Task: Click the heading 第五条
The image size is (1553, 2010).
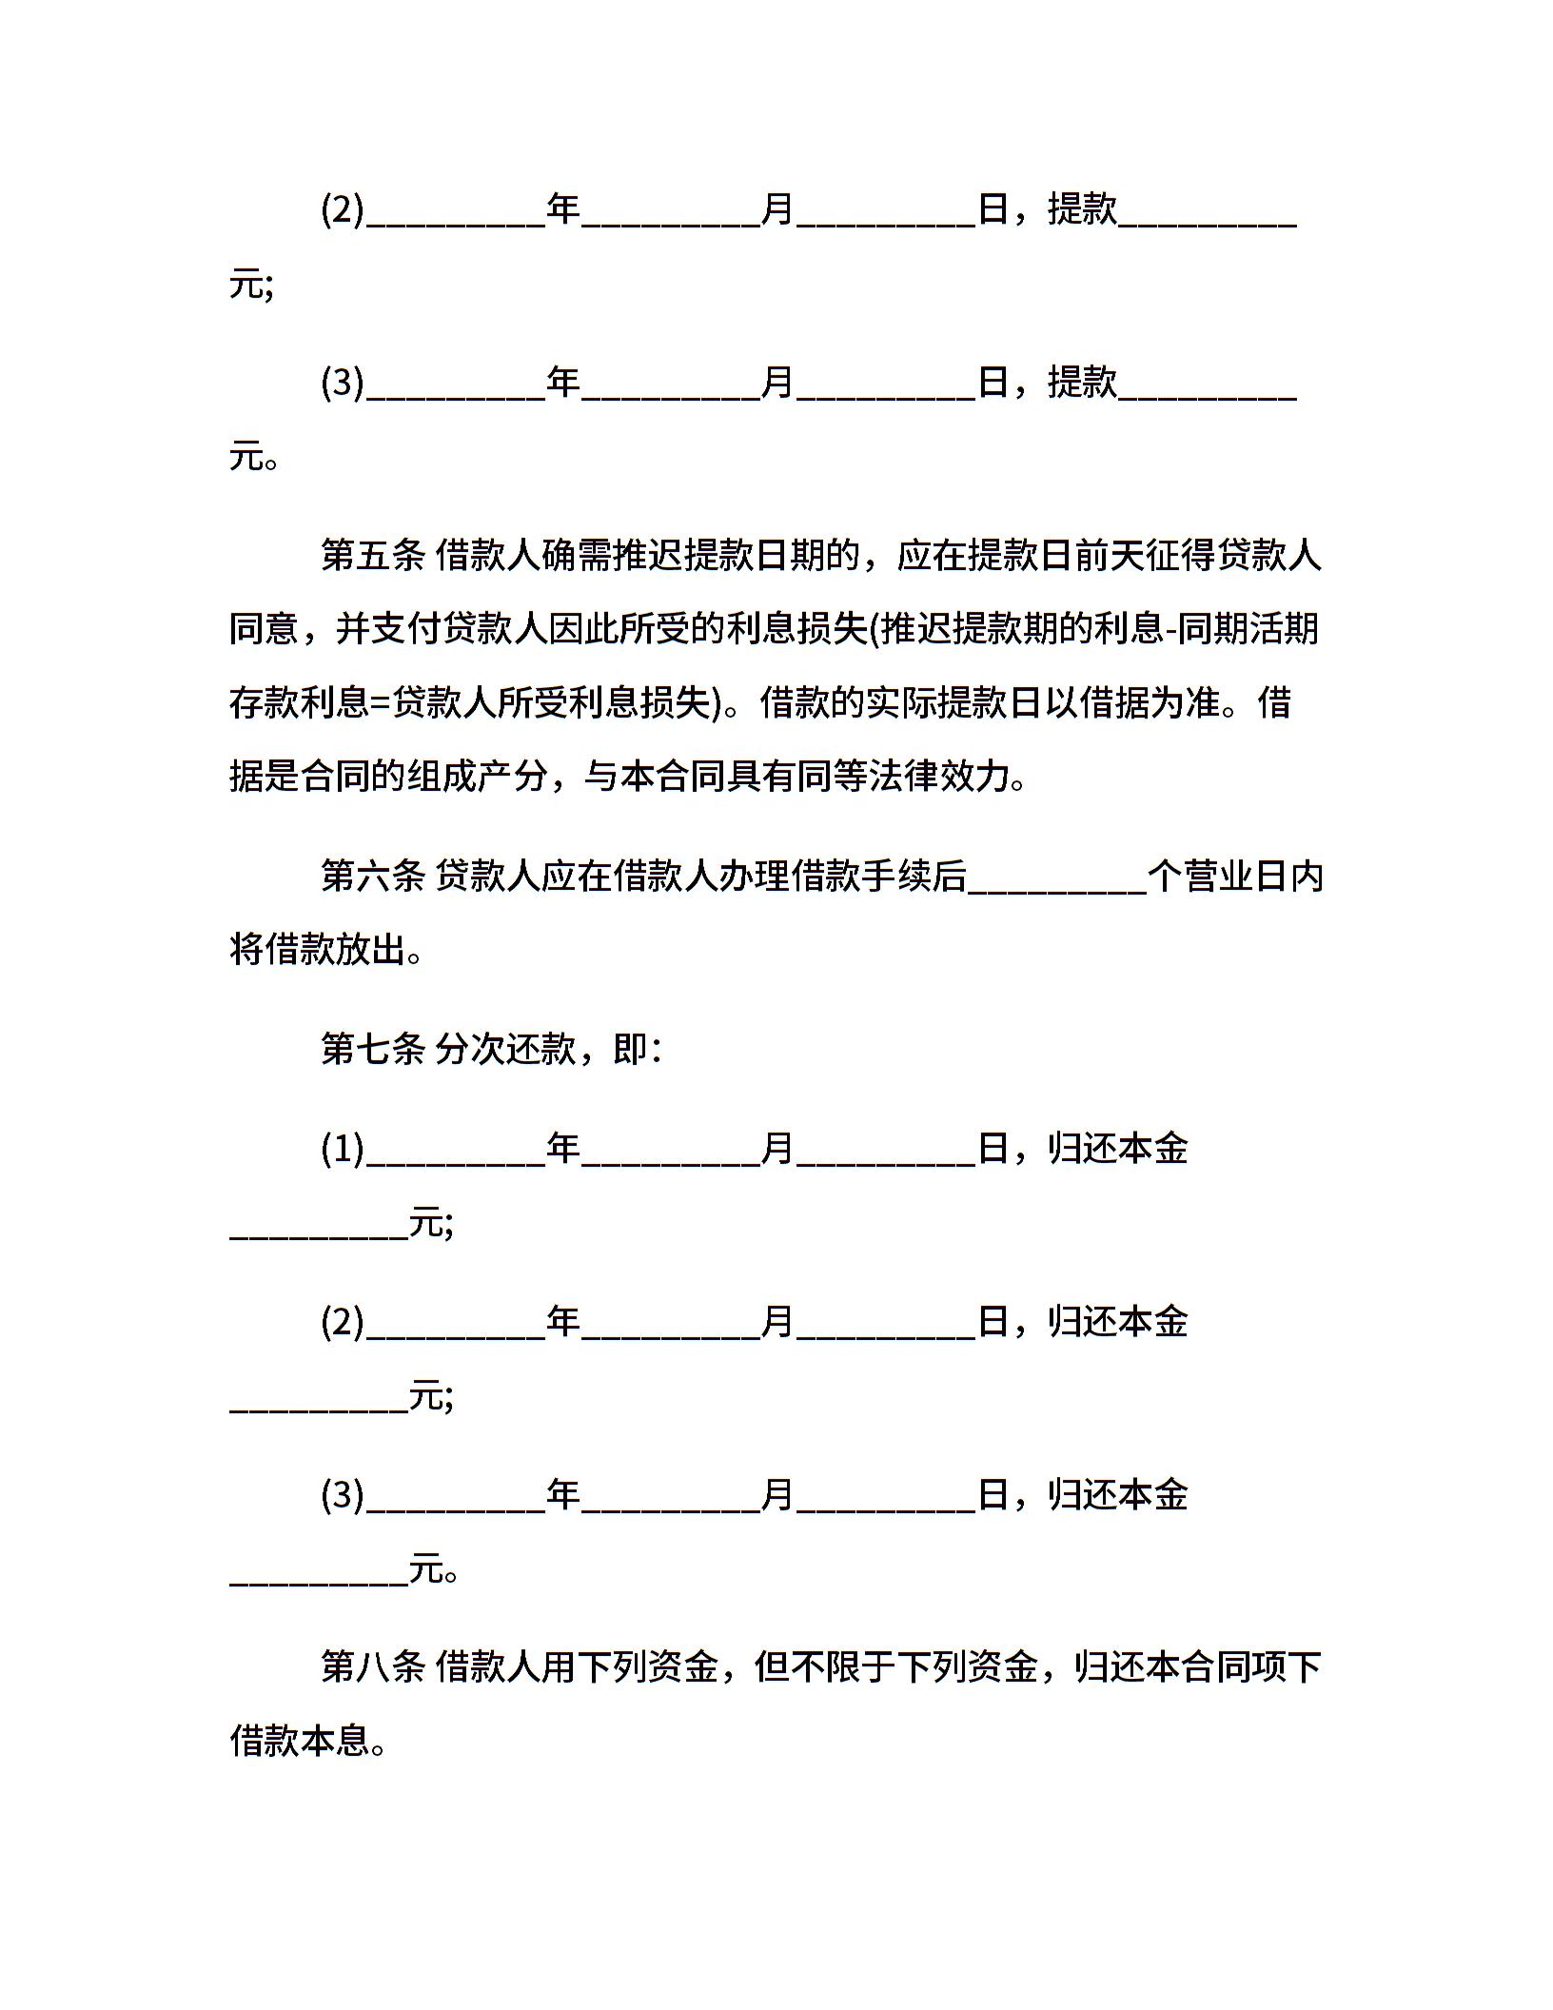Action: click(x=372, y=555)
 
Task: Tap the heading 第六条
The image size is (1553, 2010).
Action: click(x=372, y=877)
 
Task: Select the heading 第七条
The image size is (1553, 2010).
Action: click(x=372, y=1050)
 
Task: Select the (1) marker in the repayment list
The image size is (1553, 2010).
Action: click(x=343, y=1149)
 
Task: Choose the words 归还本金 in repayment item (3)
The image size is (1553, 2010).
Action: click(x=1118, y=1495)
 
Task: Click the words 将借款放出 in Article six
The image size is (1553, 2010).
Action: click(x=318, y=950)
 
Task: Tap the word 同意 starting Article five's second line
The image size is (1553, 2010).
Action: click(x=264, y=629)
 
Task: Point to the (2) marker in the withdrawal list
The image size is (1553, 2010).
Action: click(x=343, y=209)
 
